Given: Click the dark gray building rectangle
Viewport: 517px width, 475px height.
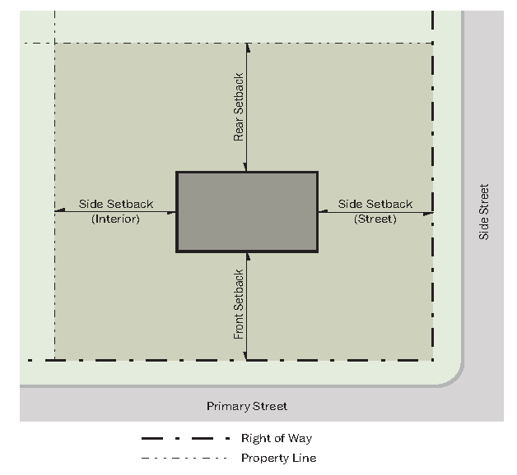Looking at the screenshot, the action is tap(247, 212).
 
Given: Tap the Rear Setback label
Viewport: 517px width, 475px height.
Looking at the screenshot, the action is tap(239, 107).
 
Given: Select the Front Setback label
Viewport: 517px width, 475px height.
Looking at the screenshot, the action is tap(239, 305).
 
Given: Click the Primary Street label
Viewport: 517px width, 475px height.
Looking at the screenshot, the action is tap(247, 406).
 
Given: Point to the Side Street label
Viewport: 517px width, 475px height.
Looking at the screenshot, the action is tap(484, 212).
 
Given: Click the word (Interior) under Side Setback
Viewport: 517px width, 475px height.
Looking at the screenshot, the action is tap(116, 219).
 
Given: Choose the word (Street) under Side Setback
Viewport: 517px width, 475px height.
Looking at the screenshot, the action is tap(375, 219).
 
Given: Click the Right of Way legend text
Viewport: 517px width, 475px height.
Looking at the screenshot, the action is tap(277, 438).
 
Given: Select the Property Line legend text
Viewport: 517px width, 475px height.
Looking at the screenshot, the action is tap(279, 458).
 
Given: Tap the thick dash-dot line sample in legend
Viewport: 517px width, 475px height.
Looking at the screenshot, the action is tap(185, 439).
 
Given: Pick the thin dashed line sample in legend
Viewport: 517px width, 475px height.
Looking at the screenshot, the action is tap(184, 458).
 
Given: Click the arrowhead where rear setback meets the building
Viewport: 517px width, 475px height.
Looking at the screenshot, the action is tap(245, 167).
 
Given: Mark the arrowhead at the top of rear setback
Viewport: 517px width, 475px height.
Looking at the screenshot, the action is tap(248, 48).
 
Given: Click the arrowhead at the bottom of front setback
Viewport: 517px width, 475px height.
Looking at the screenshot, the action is tap(245, 356).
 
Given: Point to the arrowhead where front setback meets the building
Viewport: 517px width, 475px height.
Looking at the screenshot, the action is tap(248, 257).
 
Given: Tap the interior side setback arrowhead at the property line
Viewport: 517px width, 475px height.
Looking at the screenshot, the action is tap(60, 210).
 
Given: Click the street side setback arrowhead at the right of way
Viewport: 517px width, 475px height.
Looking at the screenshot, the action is tap(428, 214).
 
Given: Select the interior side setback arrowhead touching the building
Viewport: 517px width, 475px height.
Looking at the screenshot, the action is tap(171, 213).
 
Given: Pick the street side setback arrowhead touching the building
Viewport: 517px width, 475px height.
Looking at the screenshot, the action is tap(323, 211).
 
